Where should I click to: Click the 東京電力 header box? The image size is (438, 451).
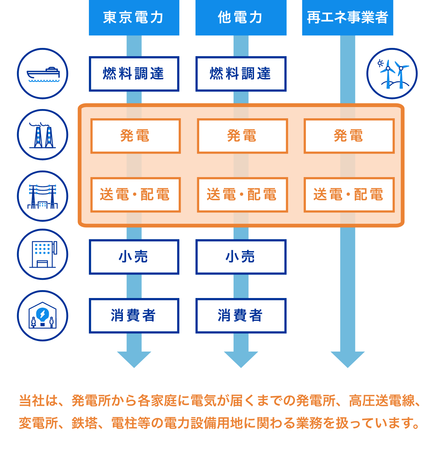pos(134,18)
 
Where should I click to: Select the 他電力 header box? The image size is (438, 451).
pos(240,18)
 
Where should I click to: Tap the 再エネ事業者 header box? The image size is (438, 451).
pos(347,18)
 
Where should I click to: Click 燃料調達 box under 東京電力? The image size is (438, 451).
pos(134,74)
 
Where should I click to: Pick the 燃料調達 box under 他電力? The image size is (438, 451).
pos(240,74)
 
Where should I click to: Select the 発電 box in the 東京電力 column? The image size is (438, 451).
pos(135,136)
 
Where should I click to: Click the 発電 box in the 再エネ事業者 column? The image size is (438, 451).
pos(349,136)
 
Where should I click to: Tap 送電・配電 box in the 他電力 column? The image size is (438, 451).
pos(242,195)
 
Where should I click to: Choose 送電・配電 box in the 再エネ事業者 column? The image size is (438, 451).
pos(349,195)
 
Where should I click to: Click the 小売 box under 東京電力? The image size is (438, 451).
pos(134,257)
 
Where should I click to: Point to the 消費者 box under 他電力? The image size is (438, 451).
pos(240,316)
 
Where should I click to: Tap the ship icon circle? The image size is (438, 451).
pos(43,74)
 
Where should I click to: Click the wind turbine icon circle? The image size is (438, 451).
pos(392,74)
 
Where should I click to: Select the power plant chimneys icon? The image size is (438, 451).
pos(43,135)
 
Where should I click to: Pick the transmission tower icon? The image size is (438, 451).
pos(43,196)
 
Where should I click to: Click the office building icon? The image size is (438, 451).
pos(43,254)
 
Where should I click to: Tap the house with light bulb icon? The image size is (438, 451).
pos(43,316)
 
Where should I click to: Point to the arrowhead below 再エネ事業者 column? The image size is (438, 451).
pos(347,359)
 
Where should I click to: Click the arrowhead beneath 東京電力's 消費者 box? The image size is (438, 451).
pos(134,359)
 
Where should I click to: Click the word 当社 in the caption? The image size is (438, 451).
pos(32,400)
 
